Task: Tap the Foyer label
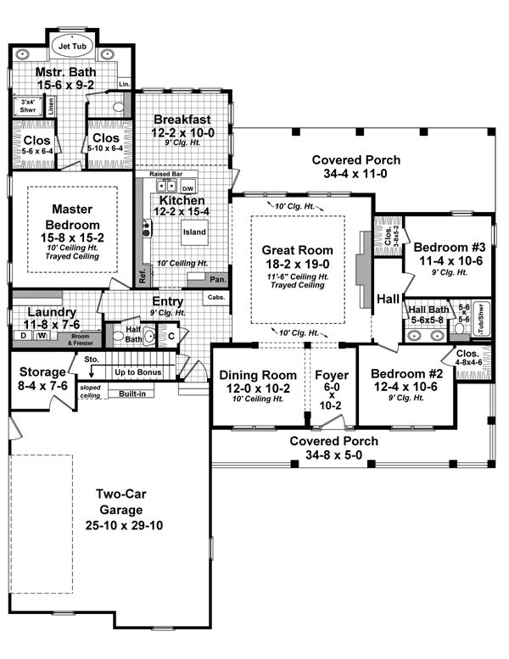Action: pyautogui.click(x=327, y=375)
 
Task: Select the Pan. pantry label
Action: pyautogui.click(x=218, y=279)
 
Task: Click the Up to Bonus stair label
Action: pyautogui.click(x=138, y=372)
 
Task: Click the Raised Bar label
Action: pyautogui.click(x=166, y=174)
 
